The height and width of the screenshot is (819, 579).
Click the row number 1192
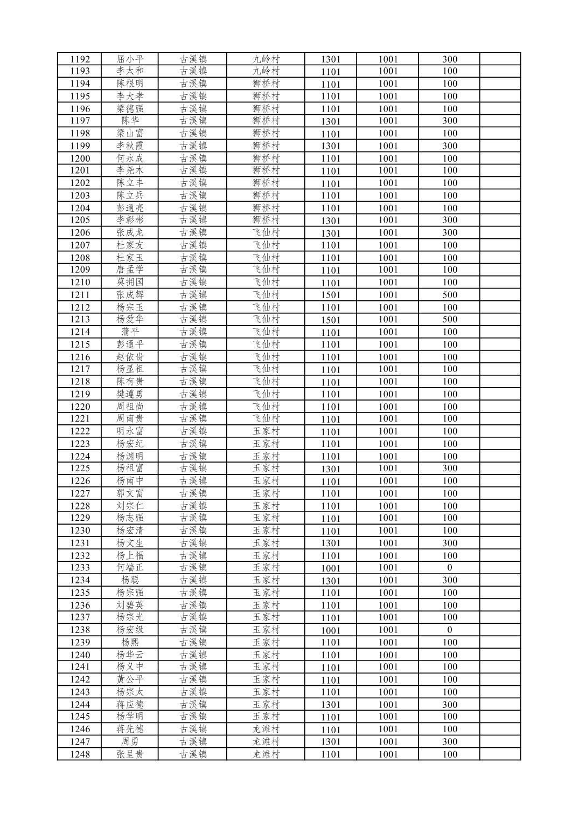tap(80, 59)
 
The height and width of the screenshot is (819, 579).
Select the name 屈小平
tap(130, 59)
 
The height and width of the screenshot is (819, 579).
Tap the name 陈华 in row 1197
tap(130, 121)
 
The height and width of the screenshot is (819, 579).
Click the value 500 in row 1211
tap(450, 295)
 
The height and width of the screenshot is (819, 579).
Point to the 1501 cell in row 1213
tap(331, 320)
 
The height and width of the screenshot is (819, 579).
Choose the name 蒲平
tap(130, 332)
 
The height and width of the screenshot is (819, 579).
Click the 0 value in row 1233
tap(450, 568)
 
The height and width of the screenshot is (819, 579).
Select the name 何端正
tap(130, 568)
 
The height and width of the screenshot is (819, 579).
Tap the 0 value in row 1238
tap(450, 630)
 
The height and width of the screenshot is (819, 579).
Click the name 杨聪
tap(130, 580)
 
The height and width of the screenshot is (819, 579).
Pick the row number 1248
tap(80, 754)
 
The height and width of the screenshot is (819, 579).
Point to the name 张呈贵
tap(130, 754)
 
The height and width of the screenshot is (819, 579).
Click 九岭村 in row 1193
tap(266, 71)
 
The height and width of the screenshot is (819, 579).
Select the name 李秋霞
tap(130, 146)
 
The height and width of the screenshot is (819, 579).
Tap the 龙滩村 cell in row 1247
tap(266, 742)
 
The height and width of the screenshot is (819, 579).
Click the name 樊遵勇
tap(130, 394)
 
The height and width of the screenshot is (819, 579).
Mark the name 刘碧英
tap(130, 605)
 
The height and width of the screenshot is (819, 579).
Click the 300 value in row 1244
tap(450, 705)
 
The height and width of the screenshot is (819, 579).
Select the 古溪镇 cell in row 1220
tap(193, 407)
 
